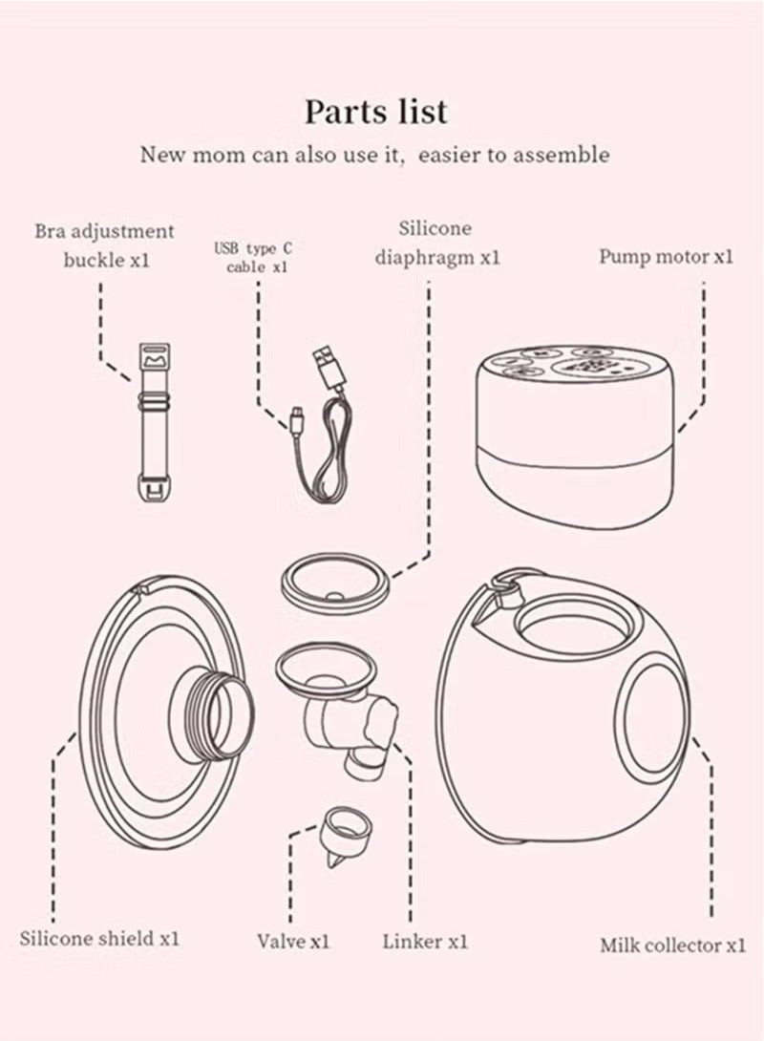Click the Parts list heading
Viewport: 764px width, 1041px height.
click(375, 112)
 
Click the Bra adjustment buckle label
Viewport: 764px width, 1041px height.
click(105, 245)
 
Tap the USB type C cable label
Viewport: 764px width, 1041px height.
click(253, 258)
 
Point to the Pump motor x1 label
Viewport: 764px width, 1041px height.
click(666, 257)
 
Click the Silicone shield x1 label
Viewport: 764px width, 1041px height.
click(99, 938)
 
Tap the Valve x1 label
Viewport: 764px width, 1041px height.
click(293, 941)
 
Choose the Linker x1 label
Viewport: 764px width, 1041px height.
click(425, 941)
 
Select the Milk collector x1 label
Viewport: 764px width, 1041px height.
click(672, 945)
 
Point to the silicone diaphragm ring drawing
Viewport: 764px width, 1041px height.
click(336, 582)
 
